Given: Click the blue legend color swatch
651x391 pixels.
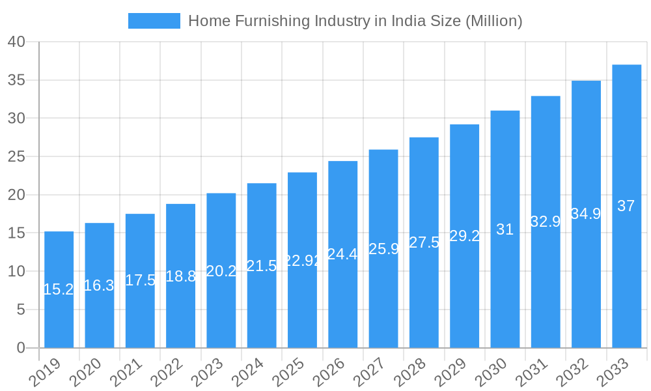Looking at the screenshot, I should tap(154, 21).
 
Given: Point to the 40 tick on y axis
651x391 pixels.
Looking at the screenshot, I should tap(16, 42).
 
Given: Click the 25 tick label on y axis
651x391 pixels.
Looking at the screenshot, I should tap(16, 157).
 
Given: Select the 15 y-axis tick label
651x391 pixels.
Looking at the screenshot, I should tap(16, 233).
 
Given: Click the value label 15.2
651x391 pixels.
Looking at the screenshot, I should tap(59, 289).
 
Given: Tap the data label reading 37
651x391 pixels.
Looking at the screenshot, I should tap(626, 206).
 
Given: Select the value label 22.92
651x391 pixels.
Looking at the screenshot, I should tap(302, 260).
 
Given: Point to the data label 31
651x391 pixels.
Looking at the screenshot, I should tap(505, 229).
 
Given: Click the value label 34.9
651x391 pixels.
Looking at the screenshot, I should tap(586, 214).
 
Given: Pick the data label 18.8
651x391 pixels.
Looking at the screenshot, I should tap(180, 276).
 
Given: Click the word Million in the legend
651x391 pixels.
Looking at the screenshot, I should tap(493, 21).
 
